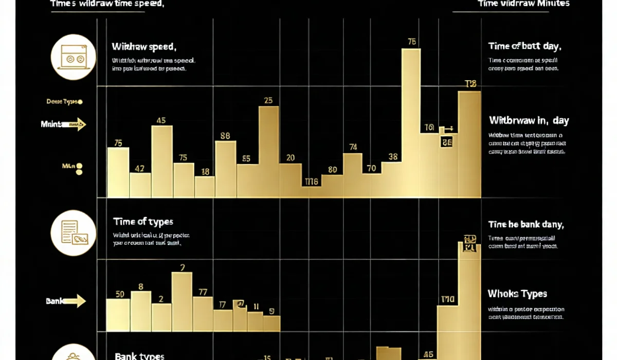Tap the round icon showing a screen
click(x=74, y=57)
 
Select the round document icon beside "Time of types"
click(x=74, y=232)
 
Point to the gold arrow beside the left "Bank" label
click(x=75, y=301)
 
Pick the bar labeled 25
click(x=268, y=152)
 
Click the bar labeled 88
click(x=225, y=169)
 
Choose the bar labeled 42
click(x=140, y=185)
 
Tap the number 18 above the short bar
click(x=205, y=172)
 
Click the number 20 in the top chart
click(x=291, y=158)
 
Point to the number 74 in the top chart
click(x=353, y=147)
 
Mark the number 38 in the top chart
click(x=393, y=157)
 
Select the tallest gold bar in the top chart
click(x=411, y=123)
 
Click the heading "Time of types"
click(x=143, y=222)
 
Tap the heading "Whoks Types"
click(x=517, y=294)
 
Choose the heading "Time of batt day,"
click(x=524, y=46)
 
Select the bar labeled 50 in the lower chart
click(x=118, y=315)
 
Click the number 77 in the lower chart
click(x=203, y=292)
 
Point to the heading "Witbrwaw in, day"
click(x=529, y=120)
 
